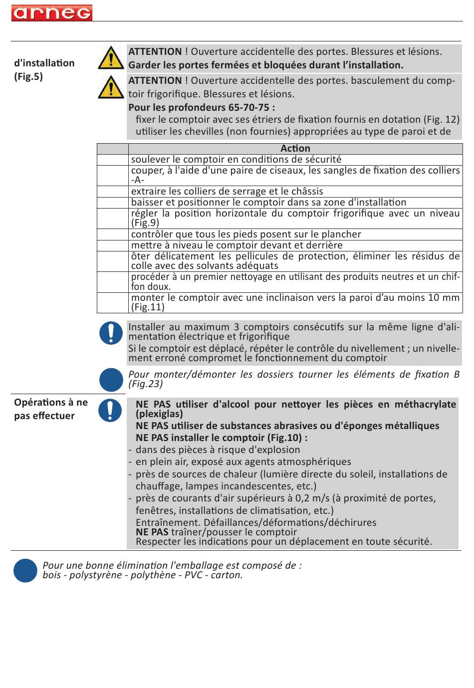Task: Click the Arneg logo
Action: (52, 13)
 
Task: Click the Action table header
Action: (295, 149)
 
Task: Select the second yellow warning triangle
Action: (111, 87)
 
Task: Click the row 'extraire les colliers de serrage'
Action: (227, 192)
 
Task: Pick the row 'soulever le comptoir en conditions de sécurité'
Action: (236, 160)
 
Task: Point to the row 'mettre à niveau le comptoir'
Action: (237, 245)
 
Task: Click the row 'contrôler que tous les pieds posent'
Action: (246, 234)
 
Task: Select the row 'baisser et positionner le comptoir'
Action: (268, 203)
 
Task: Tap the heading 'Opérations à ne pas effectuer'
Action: (51, 409)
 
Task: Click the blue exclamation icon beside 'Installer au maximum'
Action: (111, 333)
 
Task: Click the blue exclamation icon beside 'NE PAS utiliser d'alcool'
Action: (110, 410)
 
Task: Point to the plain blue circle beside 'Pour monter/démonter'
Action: (111, 380)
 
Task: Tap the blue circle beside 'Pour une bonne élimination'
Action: (25, 570)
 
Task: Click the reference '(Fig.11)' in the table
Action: (148, 307)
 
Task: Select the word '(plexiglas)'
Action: (159, 414)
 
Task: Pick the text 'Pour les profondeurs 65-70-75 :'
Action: (202, 108)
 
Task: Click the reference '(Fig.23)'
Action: (146, 384)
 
